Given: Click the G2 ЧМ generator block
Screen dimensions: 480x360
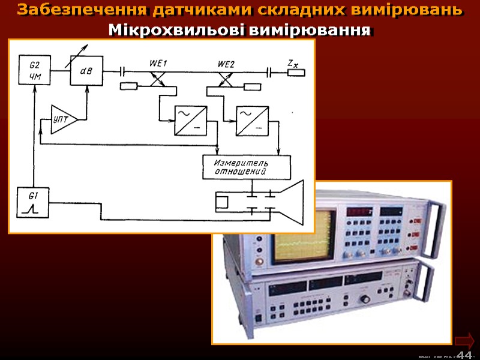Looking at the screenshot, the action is (x=34, y=70).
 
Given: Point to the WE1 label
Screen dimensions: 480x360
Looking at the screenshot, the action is (x=158, y=62).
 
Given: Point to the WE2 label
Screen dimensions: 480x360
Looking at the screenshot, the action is (x=227, y=62).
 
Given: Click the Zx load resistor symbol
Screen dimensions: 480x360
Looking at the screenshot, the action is (x=296, y=73).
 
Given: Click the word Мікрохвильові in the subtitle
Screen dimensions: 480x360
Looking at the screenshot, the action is (x=157, y=30).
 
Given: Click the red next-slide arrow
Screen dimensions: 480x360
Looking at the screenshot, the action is (x=464, y=340).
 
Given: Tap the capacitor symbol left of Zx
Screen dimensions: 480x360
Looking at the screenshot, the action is (x=270, y=72).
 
